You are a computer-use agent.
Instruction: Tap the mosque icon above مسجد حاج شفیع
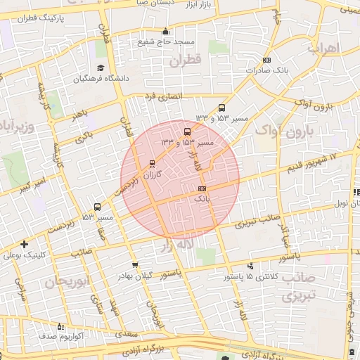pyautogui.click(x=165, y=31)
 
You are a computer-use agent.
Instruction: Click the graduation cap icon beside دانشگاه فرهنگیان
pyautogui.click(x=101, y=68)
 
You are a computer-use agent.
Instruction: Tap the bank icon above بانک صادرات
pyautogui.click(x=266, y=61)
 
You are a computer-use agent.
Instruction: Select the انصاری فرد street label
pyautogui.click(x=163, y=95)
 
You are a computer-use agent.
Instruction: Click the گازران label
pyautogui.click(x=169, y=172)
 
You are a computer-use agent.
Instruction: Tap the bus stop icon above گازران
pyautogui.click(x=152, y=164)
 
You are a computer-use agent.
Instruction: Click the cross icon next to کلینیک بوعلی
pyautogui.click(x=25, y=245)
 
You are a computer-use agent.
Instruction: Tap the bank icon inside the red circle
pyautogui.click(x=202, y=189)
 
